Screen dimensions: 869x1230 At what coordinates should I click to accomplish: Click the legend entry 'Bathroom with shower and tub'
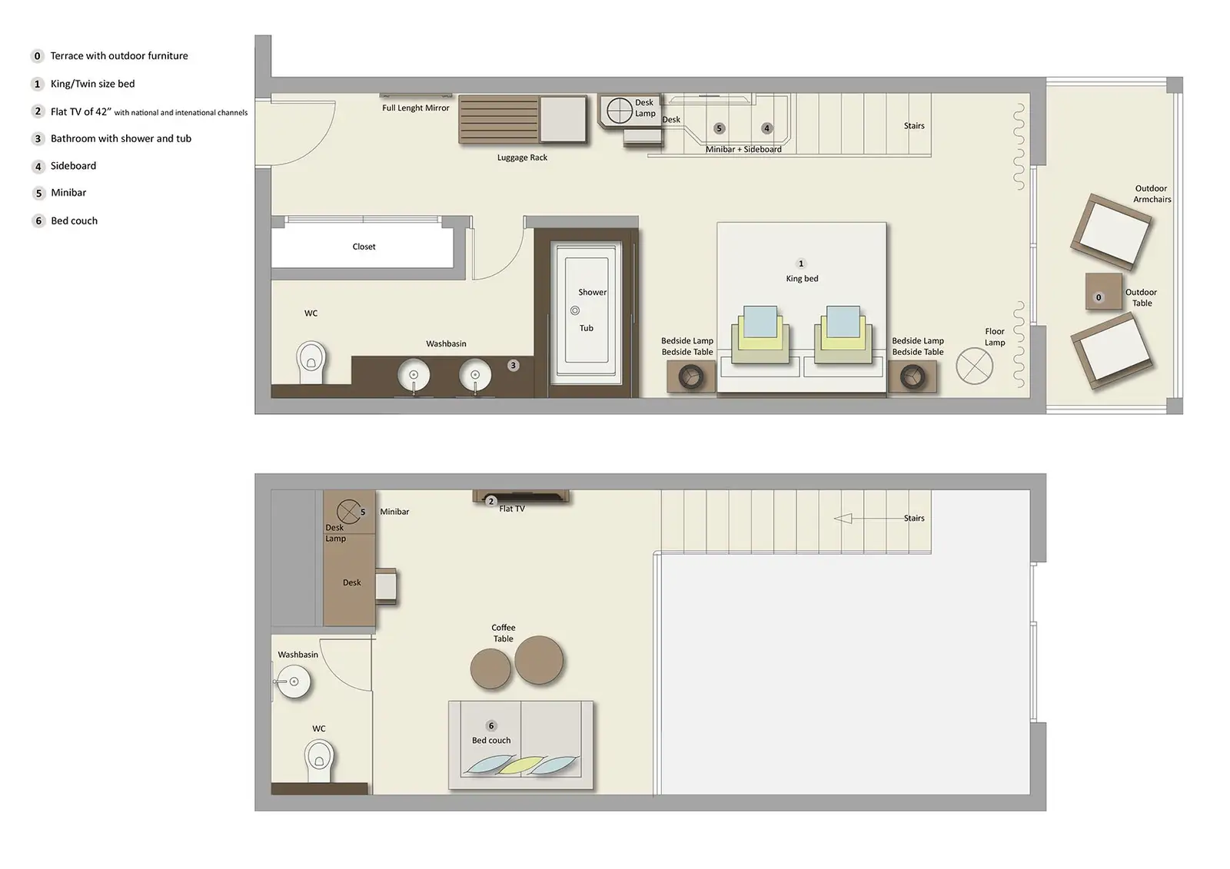[x=121, y=138]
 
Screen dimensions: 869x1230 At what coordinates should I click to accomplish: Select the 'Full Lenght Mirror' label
[x=415, y=108]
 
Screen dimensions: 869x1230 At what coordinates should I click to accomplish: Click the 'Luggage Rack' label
[x=522, y=158]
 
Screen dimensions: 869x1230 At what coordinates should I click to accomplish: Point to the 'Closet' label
[x=364, y=247]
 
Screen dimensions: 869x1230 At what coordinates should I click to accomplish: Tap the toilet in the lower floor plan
[x=319, y=757]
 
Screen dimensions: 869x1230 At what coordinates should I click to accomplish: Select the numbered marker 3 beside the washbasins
[x=514, y=366]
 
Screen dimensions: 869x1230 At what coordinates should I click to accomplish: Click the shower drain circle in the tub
[x=575, y=310]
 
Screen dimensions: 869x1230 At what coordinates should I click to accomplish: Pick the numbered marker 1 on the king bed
[x=801, y=264]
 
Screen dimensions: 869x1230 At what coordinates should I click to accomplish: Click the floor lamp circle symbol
[x=974, y=366]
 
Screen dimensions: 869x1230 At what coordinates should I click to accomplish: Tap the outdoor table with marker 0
[x=1103, y=292]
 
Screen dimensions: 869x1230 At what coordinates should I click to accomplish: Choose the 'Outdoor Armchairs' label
[x=1152, y=194]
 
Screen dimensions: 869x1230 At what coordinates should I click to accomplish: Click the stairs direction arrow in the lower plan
[x=843, y=519]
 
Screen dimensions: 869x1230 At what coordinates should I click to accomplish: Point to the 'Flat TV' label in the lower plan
[x=512, y=509]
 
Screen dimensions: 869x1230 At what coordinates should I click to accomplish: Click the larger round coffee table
[x=539, y=660]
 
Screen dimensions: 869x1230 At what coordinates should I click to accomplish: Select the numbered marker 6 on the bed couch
[x=491, y=725]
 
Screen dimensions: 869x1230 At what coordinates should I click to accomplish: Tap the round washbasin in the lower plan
[x=293, y=682]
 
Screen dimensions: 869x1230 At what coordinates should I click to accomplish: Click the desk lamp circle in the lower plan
[x=348, y=510]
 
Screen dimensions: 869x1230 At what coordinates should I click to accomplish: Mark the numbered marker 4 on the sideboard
[x=766, y=128]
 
